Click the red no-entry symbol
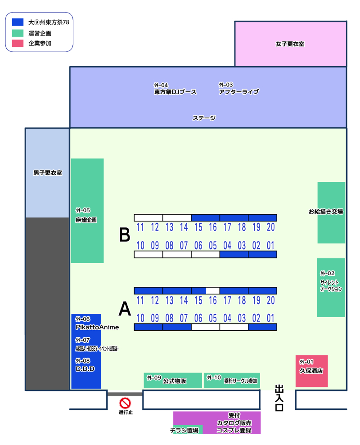[x=125, y=403]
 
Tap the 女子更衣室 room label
[x=290, y=44]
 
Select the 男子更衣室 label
[x=47, y=173]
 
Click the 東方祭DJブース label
[x=175, y=92]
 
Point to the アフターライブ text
[x=238, y=92]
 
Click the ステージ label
[x=204, y=118]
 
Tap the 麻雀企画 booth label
[x=86, y=220]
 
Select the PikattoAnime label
[x=97, y=327]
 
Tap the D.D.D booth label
[x=85, y=369]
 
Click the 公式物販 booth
[x=173, y=381]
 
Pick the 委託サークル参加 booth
[x=232, y=381]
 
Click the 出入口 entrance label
[x=279, y=398]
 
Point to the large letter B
[x=125, y=235]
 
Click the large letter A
[x=125, y=309]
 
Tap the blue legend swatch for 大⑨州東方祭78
[x=18, y=22]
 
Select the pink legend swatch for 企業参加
[x=18, y=44]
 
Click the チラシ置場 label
[x=184, y=431]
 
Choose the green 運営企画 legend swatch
[x=18, y=33]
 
